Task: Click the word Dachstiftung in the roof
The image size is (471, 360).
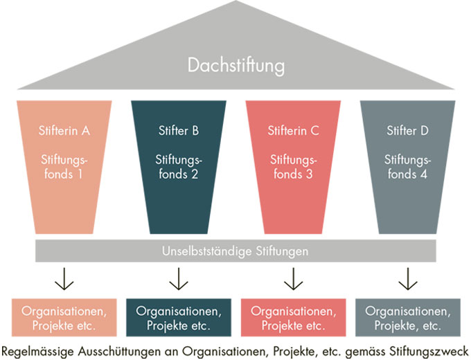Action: point(235,66)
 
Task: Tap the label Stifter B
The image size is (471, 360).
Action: point(178,129)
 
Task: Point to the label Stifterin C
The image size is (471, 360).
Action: point(293,129)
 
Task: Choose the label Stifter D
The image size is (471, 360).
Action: point(407,129)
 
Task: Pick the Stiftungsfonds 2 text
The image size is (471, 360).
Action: point(178,167)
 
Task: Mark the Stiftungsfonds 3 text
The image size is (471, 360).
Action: point(293,167)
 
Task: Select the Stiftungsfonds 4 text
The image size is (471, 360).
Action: point(407,167)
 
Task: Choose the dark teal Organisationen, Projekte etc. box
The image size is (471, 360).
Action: point(178,317)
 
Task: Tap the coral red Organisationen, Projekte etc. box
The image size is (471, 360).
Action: point(293,317)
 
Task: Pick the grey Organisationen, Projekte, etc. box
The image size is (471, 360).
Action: point(407,317)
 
